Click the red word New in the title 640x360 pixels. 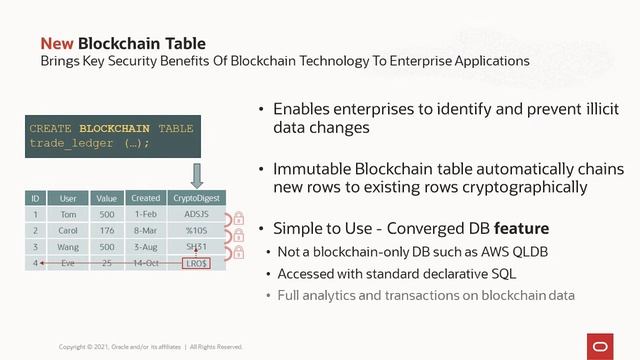56,43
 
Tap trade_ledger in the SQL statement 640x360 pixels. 68,143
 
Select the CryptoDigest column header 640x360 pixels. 196,198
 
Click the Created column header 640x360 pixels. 145,198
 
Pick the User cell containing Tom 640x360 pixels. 68,213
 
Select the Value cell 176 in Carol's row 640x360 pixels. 107,230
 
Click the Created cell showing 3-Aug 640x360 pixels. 145,246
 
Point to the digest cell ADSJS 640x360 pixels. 196,213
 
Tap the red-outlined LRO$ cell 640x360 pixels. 196,262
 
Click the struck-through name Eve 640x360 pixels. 68,262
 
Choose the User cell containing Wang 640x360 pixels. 68,246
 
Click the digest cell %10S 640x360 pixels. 196,230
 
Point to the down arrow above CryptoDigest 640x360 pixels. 196,176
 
